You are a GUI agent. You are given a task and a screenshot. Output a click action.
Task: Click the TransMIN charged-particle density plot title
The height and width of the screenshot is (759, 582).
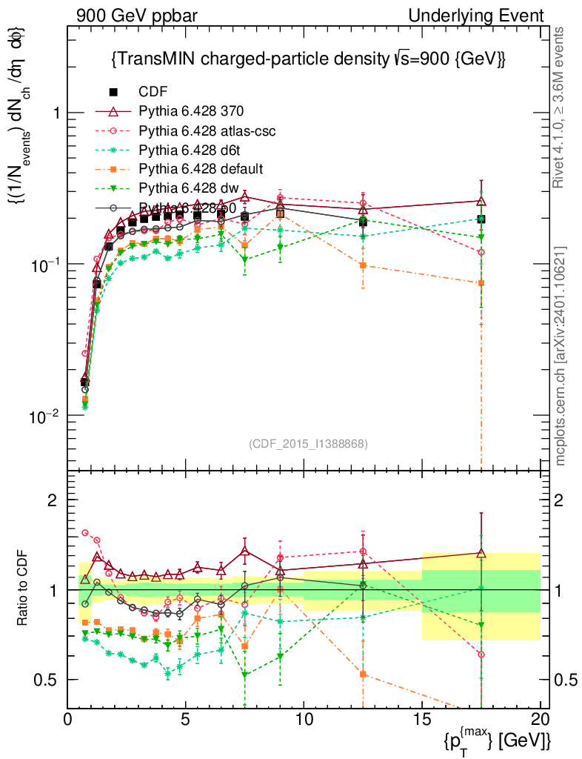307,59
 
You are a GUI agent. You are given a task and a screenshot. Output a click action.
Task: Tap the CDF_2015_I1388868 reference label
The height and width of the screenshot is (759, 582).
308,443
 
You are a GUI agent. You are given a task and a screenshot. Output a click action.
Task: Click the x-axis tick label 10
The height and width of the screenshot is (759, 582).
304,720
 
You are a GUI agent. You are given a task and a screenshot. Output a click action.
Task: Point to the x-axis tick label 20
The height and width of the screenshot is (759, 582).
541,720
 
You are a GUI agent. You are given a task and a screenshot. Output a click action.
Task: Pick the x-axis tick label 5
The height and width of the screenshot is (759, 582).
186,720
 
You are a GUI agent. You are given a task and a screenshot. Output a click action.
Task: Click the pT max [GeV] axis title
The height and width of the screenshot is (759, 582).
497,740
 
